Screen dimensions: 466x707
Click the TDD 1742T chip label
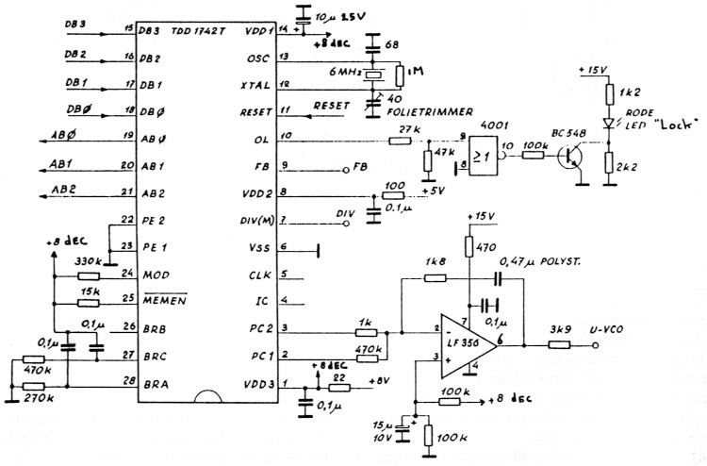coord(199,31)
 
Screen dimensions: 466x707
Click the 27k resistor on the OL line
coord(400,140)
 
